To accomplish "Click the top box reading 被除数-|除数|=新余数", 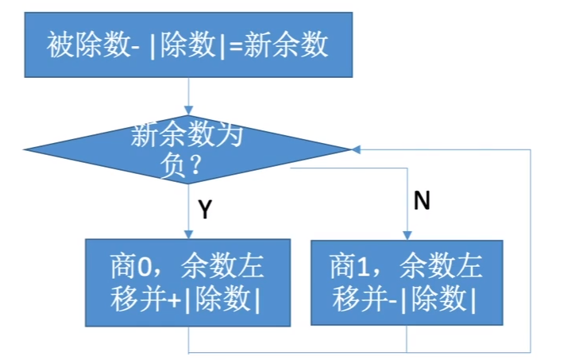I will (187, 45).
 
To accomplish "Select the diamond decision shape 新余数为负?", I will (187, 149).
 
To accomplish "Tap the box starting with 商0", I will (187, 281).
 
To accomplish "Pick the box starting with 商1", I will (406, 281).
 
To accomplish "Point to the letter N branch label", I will (422, 202).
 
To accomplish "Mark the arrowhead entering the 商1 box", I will (407, 234).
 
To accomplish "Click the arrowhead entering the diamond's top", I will (188, 110).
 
